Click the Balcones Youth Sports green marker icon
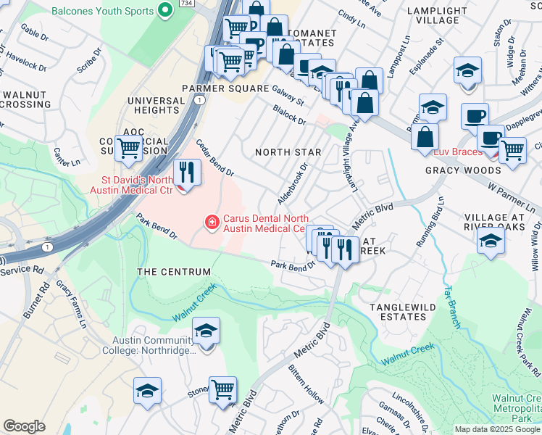tap(165, 11)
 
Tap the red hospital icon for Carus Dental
tap(212, 222)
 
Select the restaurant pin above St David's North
tap(187, 173)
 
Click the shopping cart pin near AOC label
tap(128, 148)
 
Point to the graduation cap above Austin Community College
tap(207, 331)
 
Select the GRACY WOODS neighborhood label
tap(462, 170)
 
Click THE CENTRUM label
tap(174, 272)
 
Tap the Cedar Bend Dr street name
tap(215, 159)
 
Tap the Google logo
tap(24, 426)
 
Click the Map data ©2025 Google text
tap(497, 429)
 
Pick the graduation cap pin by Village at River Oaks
tap(491, 243)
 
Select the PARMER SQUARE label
tap(215, 88)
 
